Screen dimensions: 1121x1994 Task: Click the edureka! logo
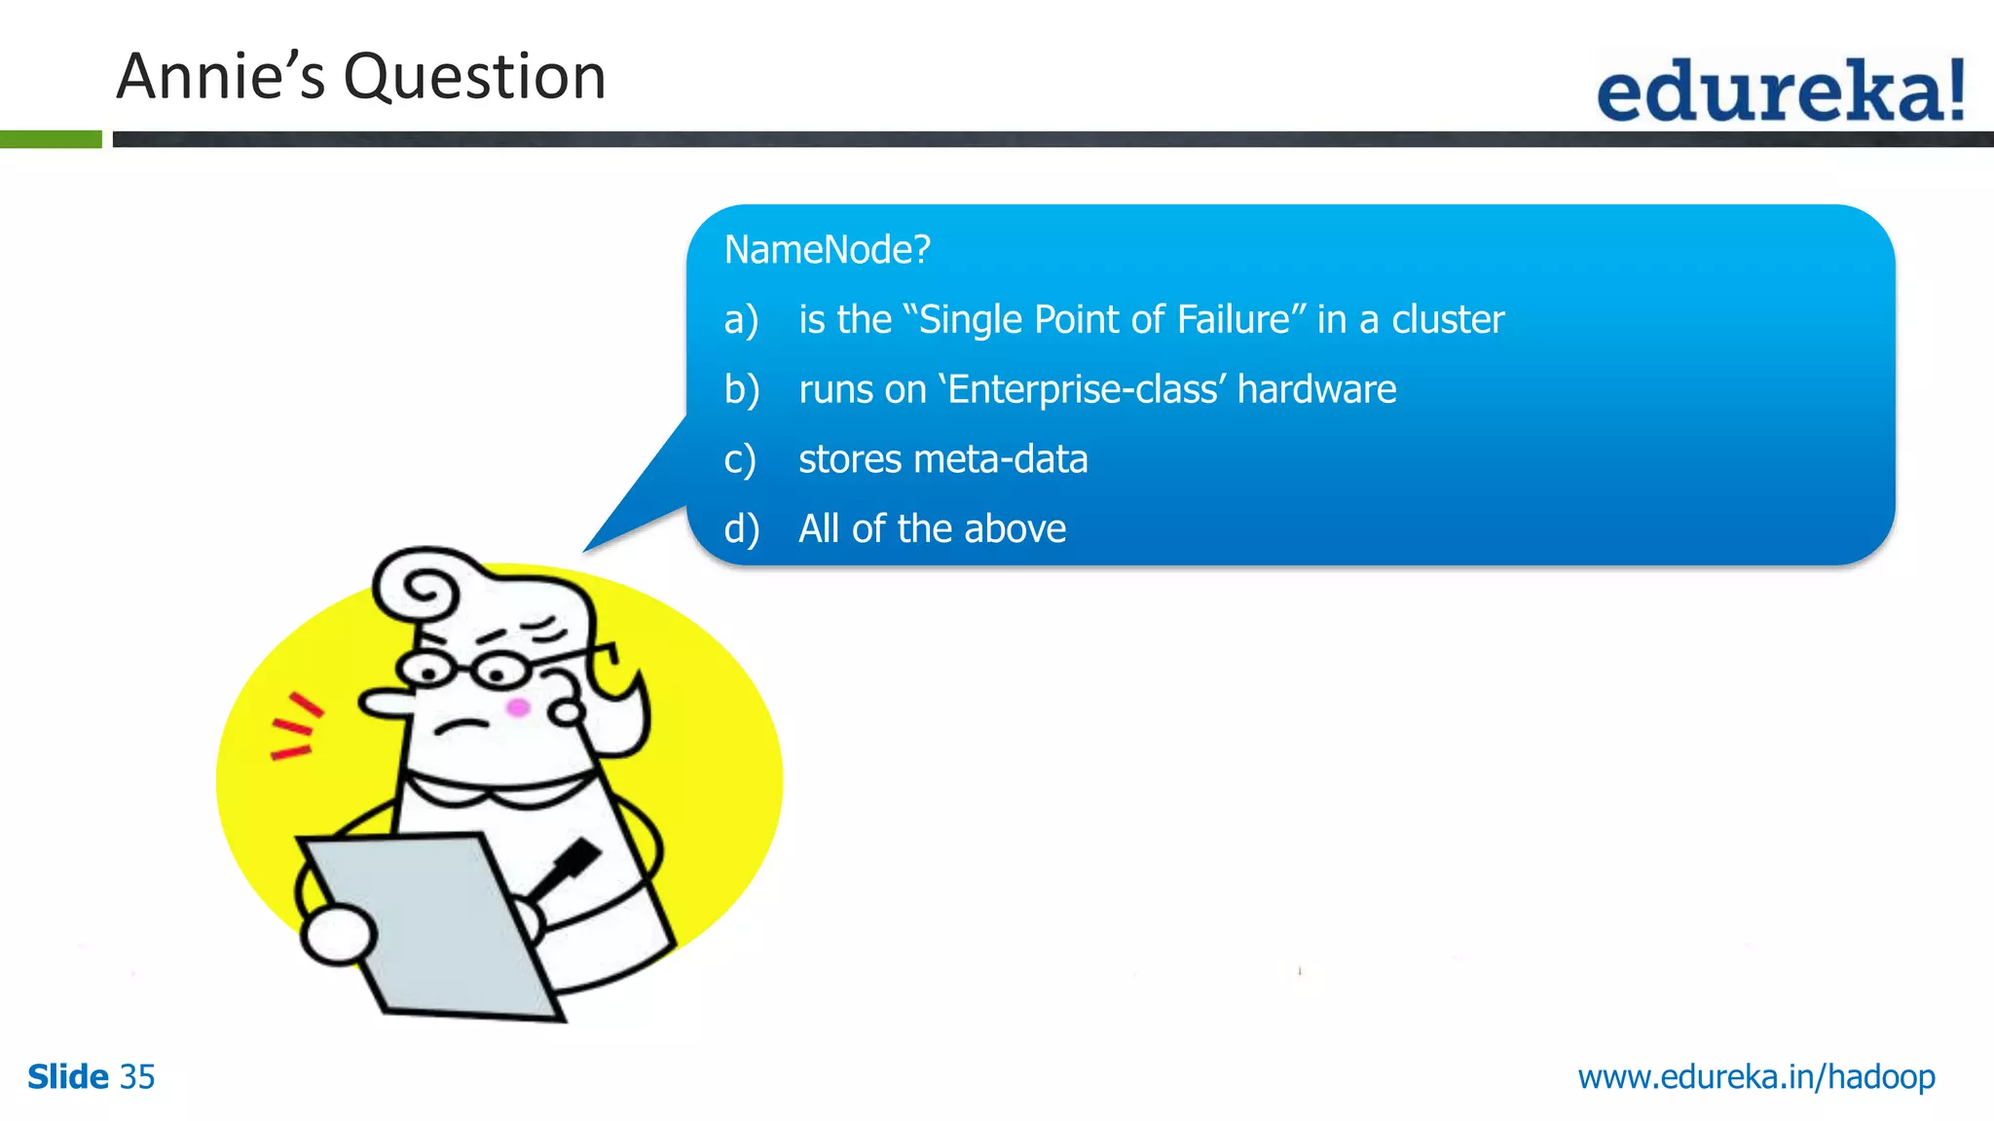[1780, 90]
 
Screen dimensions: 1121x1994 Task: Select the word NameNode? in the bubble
[827, 250]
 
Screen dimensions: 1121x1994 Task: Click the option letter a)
[741, 320]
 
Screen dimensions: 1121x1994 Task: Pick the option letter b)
[741, 390]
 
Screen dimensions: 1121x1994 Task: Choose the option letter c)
[740, 460]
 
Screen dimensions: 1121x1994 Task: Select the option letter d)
[741, 529]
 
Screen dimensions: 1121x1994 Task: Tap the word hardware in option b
[1316, 389]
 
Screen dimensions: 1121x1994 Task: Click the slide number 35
[137, 1077]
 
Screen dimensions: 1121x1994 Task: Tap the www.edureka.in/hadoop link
[1755, 1077]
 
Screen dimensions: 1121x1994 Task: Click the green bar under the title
[51, 139]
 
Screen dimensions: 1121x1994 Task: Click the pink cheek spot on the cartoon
[518, 707]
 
